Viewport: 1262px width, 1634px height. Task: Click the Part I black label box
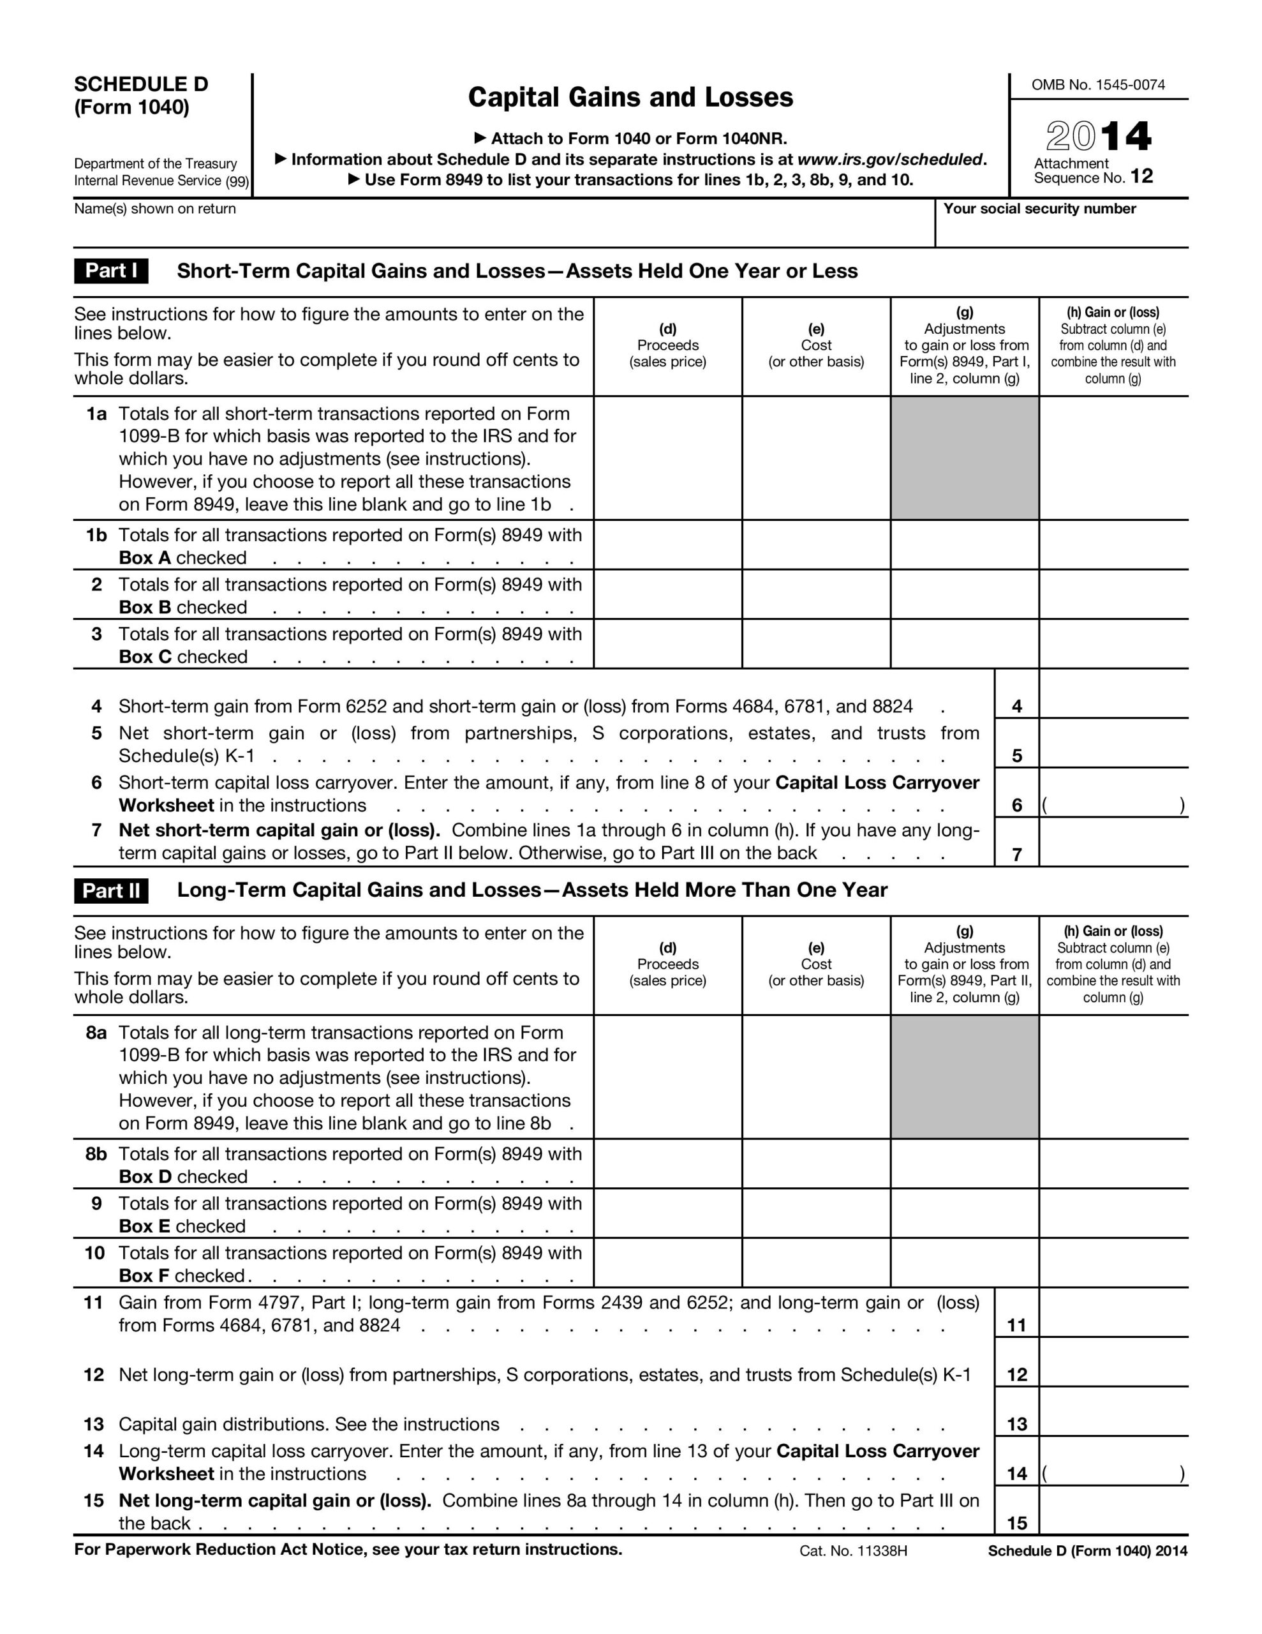[111, 271]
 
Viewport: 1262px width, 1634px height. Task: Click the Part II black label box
[111, 890]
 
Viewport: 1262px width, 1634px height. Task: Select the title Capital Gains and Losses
[630, 97]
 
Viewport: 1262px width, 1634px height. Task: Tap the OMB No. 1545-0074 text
[1097, 84]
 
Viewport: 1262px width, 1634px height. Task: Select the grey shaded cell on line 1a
[964, 458]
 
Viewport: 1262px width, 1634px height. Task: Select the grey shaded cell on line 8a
[964, 1077]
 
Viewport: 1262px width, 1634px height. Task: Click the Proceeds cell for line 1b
[667, 544]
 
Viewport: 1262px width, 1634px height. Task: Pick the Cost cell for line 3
[815, 643]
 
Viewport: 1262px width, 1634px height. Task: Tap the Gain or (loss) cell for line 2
[1113, 594]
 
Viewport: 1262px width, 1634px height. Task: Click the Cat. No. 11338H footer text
[853, 1550]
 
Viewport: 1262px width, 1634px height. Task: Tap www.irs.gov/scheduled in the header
[889, 160]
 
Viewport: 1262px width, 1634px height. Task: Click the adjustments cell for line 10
[964, 1264]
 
